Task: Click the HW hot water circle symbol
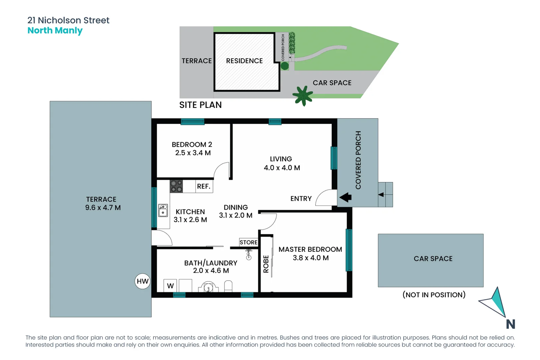point(143,281)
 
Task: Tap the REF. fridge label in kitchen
point(203,186)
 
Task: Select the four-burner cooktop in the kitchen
point(176,186)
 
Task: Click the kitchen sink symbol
point(163,210)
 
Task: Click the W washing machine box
point(170,286)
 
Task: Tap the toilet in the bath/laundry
point(228,286)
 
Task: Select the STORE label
point(248,242)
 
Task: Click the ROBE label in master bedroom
point(266,264)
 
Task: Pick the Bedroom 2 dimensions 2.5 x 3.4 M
point(193,153)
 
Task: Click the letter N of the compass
point(510,324)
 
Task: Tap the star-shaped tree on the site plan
point(303,95)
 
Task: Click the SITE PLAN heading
point(200,105)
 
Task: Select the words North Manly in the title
point(55,31)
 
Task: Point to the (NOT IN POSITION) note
point(434,295)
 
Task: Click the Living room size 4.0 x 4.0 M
point(282,168)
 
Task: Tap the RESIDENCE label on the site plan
point(244,61)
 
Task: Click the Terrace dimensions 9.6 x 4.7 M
point(103,208)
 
